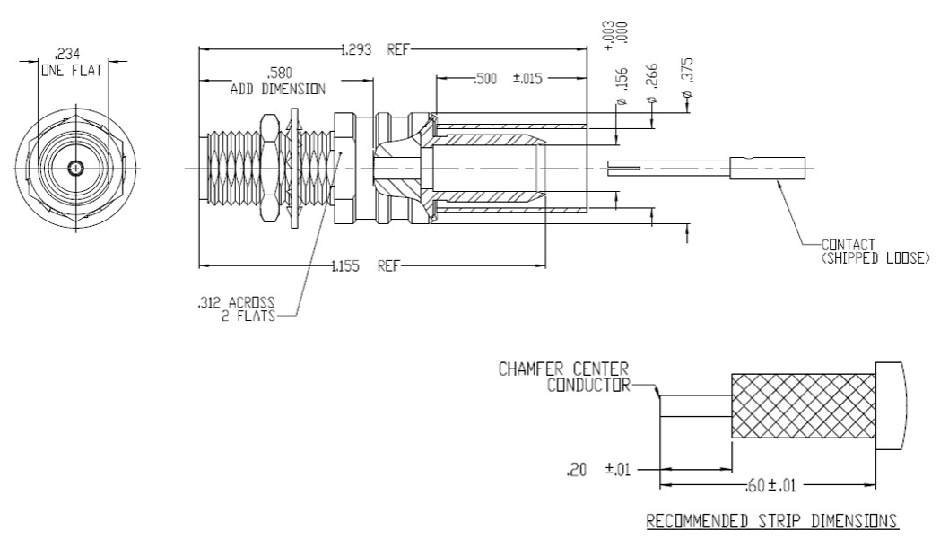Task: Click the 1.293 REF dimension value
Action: pyautogui.click(x=375, y=49)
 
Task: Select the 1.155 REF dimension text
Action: pyautogui.click(x=364, y=266)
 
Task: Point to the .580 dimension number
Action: pyautogui.click(x=279, y=74)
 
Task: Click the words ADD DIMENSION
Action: pyautogui.click(x=278, y=90)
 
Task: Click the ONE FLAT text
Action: pyautogui.click(x=72, y=70)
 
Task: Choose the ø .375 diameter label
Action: pyautogui.click(x=687, y=79)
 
